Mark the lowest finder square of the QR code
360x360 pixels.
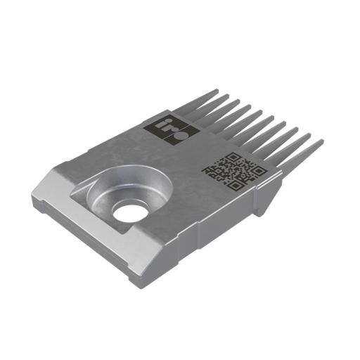pyautogui.click(x=212, y=171)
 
